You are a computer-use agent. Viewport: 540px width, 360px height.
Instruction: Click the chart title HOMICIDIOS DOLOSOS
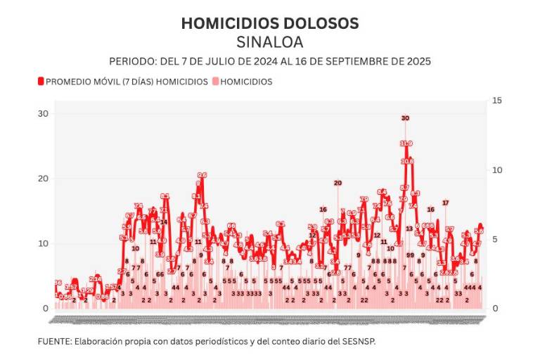(270, 23)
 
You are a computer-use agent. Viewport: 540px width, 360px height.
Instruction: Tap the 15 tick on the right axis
(496, 101)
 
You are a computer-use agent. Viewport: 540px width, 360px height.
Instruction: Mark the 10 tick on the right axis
(496, 170)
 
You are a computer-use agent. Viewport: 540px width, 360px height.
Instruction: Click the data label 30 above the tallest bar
(405, 118)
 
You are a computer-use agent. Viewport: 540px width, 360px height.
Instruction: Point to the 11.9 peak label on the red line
(406, 143)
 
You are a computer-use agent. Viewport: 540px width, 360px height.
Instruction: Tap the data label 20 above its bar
(337, 183)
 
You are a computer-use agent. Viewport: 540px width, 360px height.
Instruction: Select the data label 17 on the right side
(445, 202)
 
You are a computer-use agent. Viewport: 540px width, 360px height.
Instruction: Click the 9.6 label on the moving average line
(202, 175)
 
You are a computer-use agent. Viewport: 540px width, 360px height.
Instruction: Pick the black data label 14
(164, 221)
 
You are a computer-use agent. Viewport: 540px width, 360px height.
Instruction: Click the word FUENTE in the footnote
(53, 341)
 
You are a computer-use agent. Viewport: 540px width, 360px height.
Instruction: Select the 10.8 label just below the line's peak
(408, 161)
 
